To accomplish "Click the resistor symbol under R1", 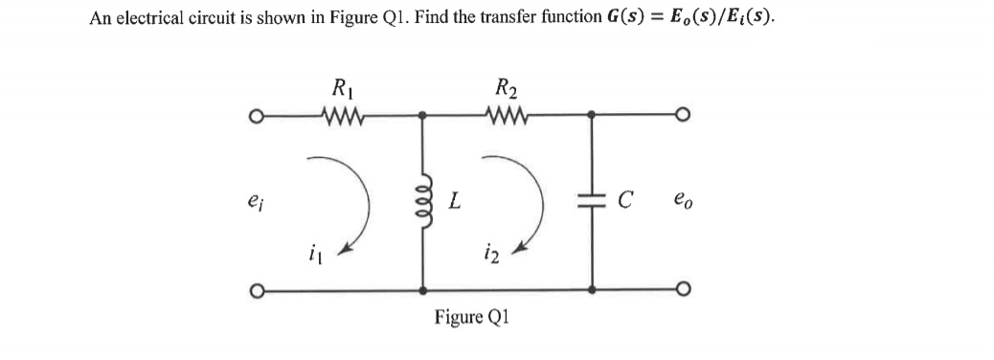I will tap(342, 118).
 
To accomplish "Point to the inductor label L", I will tap(457, 202).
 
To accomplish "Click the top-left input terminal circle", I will tap(257, 119).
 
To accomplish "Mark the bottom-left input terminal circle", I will tap(257, 290).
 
